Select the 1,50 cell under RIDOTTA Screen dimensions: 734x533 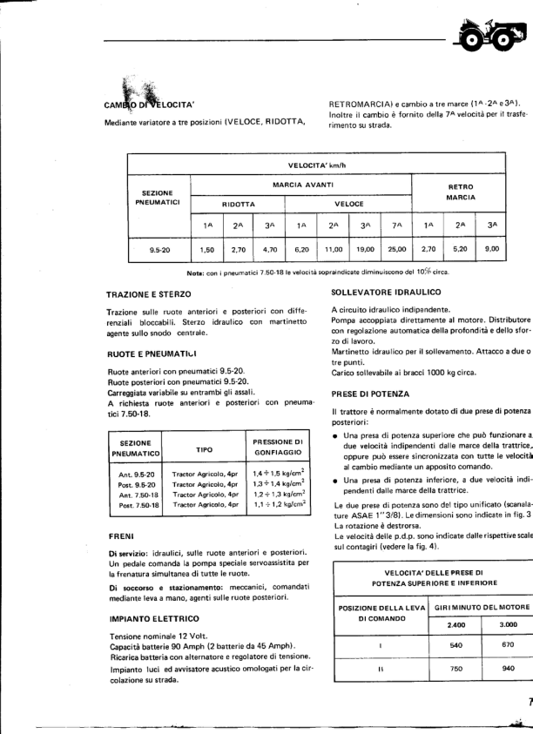pos(207,248)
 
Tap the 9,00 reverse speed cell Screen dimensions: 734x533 pos(492,248)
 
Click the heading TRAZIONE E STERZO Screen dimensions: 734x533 pos(149,295)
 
